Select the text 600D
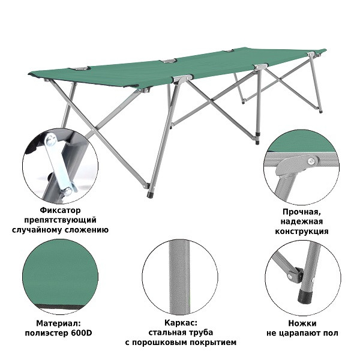click(80, 332)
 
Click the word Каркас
click(180, 322)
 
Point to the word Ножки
click(302, 322)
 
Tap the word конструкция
click(302, 230)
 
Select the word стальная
click(166, 332)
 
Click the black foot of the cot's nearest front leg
click(148, 194)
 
